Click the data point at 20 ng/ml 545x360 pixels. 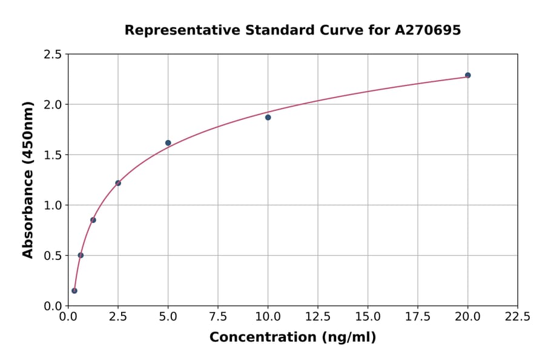[x=467, y=75]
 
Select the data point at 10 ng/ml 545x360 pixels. [x=268, y=117]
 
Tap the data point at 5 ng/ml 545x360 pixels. [x=168, y=143]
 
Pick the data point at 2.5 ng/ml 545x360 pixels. [x=118, y=183]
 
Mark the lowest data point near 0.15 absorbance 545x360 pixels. [x=74, y=290]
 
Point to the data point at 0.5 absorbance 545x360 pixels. [x=81, y=255]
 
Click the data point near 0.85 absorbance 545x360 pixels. [x=93, y=220]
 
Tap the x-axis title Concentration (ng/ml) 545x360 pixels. [x=292, y=338]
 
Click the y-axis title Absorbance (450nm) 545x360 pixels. [x=28, y=179]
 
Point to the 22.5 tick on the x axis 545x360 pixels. [x=517, y=316]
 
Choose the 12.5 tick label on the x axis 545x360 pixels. [x=318, y=316]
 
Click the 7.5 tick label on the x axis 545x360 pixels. [x=218, y=316]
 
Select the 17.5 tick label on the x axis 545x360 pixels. [x=418, y=316]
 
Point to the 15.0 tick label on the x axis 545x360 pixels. [x=368, y=316]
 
